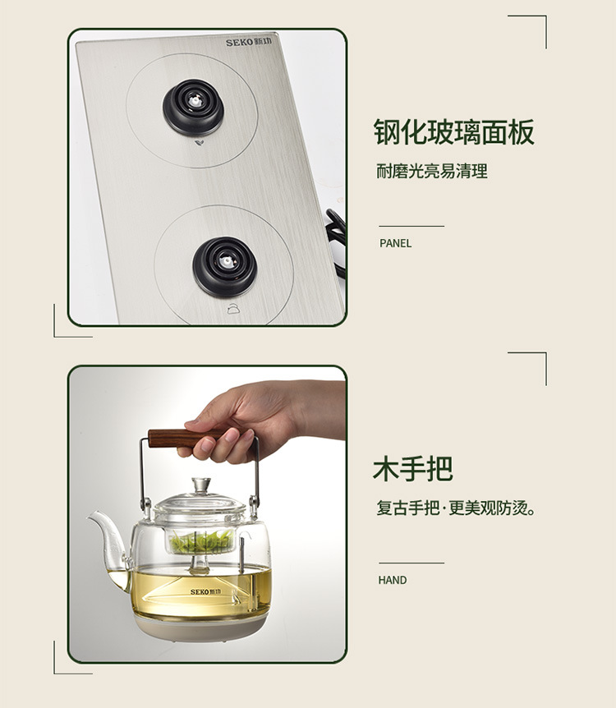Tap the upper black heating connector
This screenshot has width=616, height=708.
[x=193, y=107]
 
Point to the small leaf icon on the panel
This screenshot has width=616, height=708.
[x=198, y=144]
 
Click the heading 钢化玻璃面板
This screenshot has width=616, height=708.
[x=454, y=132]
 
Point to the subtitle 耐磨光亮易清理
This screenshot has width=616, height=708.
[x=432, y=172]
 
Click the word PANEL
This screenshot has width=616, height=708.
[x=396, y=243]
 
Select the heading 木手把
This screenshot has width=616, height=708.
[x=413, y=469]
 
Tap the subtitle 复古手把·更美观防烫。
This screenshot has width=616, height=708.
[x=456, y=508]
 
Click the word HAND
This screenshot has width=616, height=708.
[x=393, y=580]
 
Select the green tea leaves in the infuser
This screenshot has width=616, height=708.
[x=202, y=542]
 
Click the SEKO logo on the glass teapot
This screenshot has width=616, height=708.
[x=205, y=591]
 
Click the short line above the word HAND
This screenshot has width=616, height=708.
[x=411, y=563]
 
